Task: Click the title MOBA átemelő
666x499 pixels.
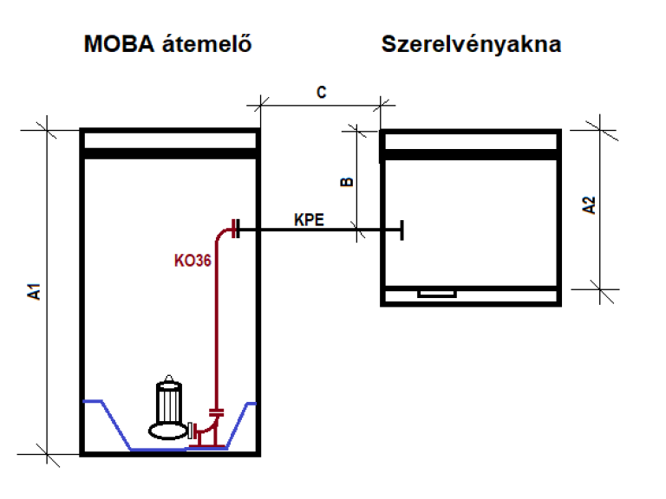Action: tap(168, 44)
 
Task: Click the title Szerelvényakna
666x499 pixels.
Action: tap(471, 44)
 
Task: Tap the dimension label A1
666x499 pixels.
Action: tap(35, 291)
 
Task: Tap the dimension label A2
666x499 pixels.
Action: tap(589, 205)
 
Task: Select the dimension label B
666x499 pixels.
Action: tap(345, 181)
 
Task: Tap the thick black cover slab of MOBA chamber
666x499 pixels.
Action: tap(169, 153)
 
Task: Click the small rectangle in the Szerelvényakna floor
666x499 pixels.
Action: tap(436, 293)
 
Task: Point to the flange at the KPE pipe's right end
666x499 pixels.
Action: tap(401, 230)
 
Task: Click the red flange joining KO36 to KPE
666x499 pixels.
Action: tap(235, 230)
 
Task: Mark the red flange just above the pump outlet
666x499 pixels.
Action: tap(216, 412)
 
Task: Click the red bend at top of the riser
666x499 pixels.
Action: tap(221, 233)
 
